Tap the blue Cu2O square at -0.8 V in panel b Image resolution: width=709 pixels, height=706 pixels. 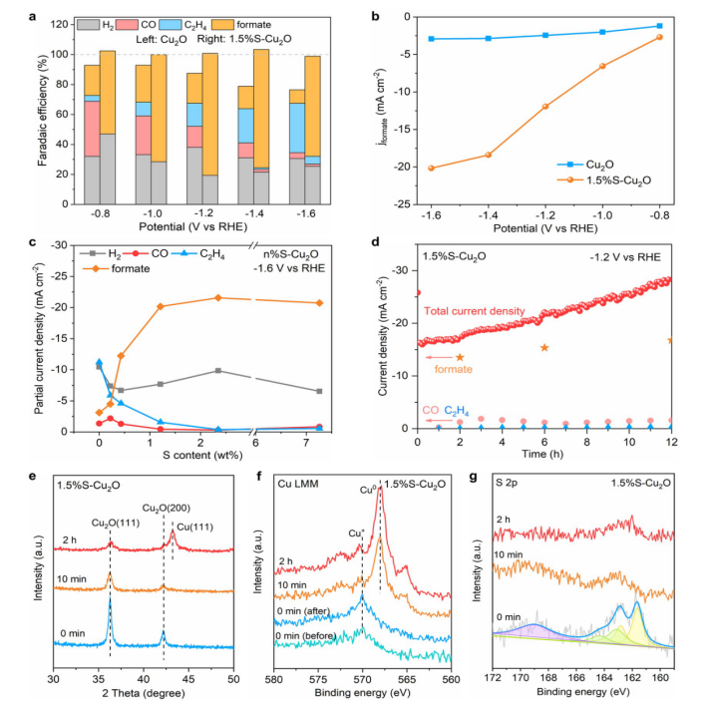pos(687,26)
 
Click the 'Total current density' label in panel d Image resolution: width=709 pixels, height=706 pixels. pos(475,312)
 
